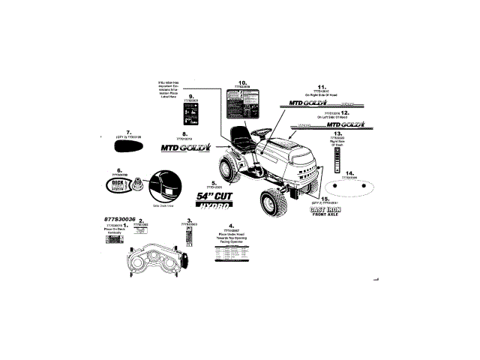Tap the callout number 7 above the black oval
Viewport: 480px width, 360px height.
pos(129,131)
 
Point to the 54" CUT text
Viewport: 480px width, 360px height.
pos(214,196)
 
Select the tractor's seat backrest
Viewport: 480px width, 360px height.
pos(241,136)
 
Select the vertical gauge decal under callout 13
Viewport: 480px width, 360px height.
pos(337,160)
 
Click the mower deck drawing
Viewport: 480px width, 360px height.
pos(153,263)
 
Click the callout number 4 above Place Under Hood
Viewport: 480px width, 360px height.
pos(231,226)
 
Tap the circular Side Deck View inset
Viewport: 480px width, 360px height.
pos(163,187)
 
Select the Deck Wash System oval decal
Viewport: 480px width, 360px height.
pos(119,184)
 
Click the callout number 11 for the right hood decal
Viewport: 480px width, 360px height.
pos(321,87)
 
